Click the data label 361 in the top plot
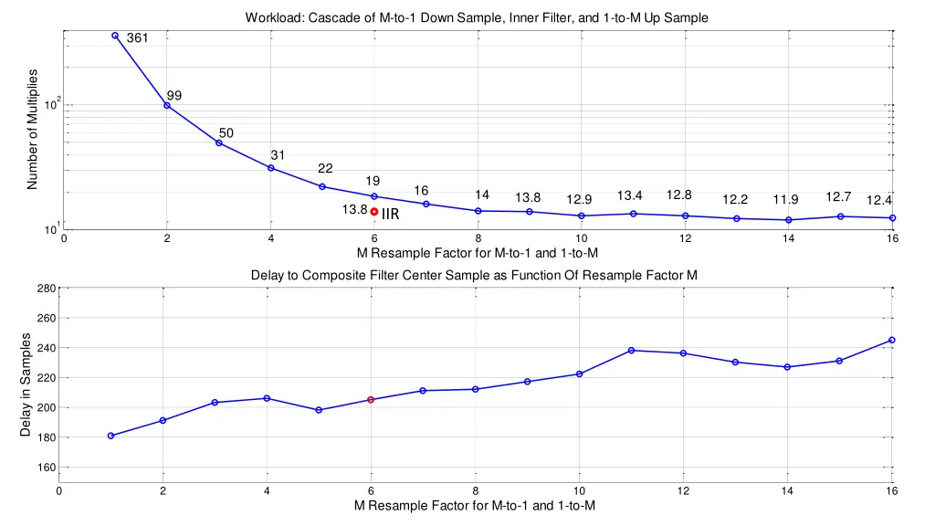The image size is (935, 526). point(137,38)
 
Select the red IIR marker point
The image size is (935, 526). point(374,212)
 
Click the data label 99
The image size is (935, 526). point(173,96)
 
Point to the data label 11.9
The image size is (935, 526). point(785,200)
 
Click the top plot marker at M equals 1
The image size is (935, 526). point(115,36)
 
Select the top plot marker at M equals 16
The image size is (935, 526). point(892,218)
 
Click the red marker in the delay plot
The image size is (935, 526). point(371,400)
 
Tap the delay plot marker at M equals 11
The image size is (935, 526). point(631,351)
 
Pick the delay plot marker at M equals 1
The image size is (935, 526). point(110,436)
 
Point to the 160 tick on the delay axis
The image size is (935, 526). point(47,468)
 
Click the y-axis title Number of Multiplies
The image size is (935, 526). point(32,129)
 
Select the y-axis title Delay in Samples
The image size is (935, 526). point(26,384)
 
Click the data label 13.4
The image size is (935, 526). point(630,196)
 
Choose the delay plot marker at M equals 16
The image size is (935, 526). point(892,340)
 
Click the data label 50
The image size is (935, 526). point(226,133)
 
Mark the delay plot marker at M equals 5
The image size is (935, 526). point(319,410)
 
